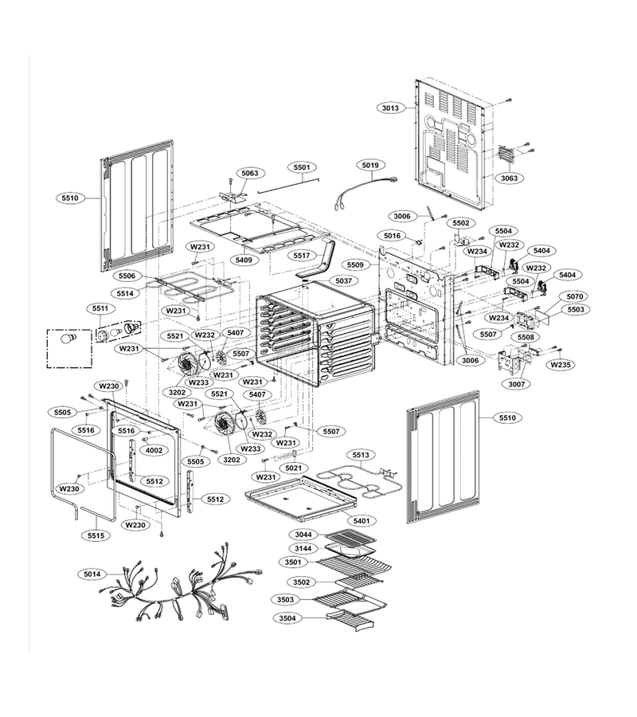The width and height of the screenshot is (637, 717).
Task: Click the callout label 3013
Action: pos(390,108)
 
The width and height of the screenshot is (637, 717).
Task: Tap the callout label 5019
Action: pos(370,165)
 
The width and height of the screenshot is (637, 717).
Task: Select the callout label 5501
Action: pos(302,167)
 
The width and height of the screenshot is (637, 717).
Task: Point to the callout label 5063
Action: pos(250,173)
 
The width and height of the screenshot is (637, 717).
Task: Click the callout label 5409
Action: pos(244,260)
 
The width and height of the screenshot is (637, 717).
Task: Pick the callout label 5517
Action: pos(302,256)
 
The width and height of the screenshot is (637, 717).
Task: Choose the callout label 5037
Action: pos(344,280)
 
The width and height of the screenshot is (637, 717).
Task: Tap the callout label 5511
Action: pos(100,308)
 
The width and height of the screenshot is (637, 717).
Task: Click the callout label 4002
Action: pos(154,450)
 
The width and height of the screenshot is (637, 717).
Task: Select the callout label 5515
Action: pos(96,535)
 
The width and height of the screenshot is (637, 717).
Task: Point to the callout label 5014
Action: pos(92,574)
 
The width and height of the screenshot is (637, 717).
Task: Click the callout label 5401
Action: pos(361,520)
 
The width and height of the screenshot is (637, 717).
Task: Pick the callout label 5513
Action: pos(361,455)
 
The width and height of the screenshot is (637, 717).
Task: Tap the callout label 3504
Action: pos(287,618)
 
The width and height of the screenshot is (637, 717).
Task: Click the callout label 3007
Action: pos(517,384)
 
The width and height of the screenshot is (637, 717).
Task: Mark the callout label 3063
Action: pos(509,178)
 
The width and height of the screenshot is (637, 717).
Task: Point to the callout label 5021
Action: pos(293,468)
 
